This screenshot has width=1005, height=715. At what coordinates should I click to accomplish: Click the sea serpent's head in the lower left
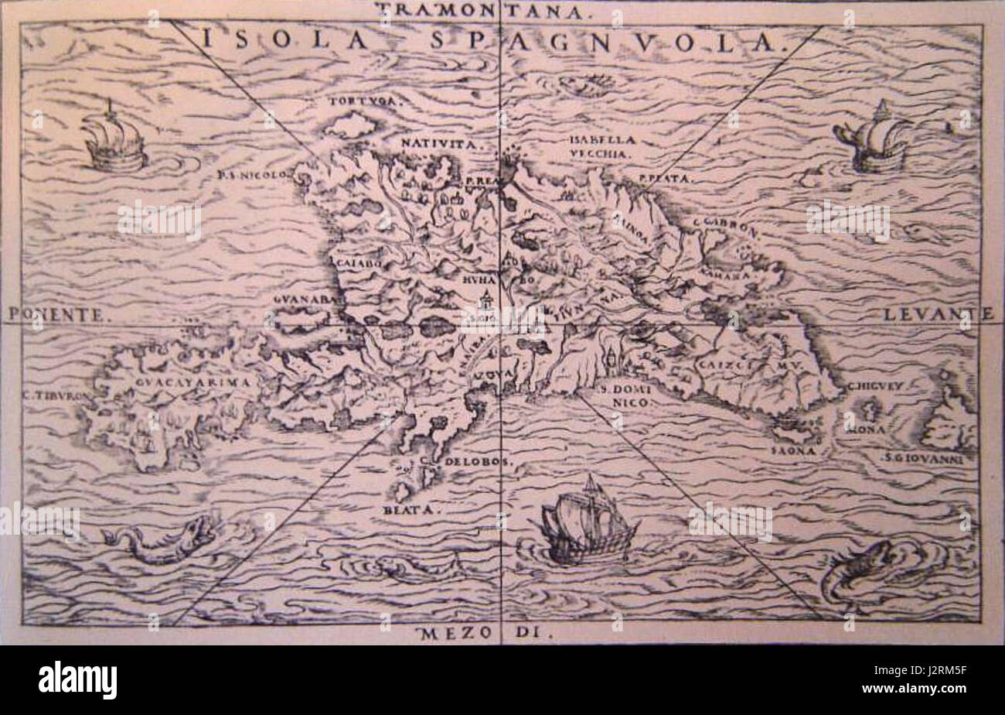pyautogui.click(x=199, y=531)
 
